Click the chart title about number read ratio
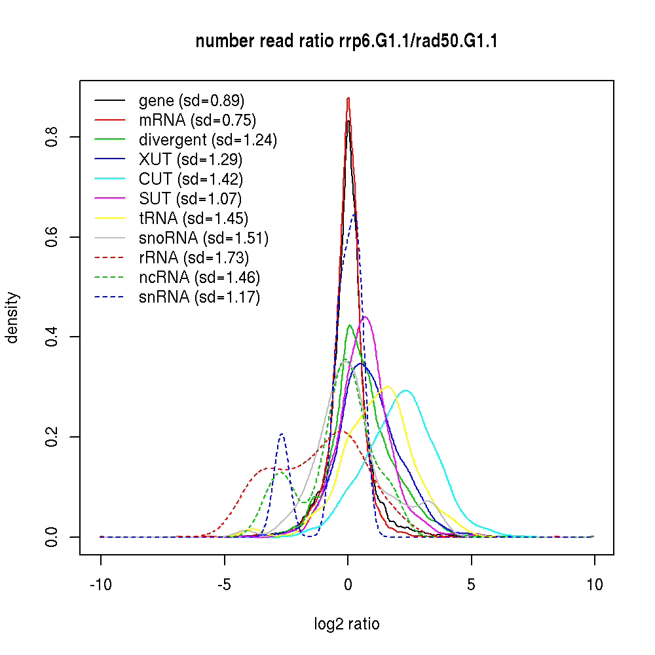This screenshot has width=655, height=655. coord(346,42)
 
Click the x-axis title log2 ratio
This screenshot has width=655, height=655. coord(346,624)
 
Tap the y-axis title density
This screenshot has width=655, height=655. coord(12,318)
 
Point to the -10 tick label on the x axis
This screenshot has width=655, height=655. coord(101,585)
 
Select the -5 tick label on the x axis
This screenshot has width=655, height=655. coord(224,585)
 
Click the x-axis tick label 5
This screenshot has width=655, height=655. coord(471,585)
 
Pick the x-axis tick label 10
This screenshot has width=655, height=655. coord(595,585)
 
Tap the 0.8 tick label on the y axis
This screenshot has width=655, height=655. coord(54,137)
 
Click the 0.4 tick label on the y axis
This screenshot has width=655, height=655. coord(54,337)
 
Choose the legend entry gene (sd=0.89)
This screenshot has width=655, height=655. coord(191,101)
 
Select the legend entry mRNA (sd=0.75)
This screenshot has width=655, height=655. coord(197,121)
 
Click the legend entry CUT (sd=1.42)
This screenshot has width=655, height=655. coord(191,179)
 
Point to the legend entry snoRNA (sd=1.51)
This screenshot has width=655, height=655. coord(204,238)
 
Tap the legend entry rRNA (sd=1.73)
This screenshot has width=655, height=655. coord(194,258)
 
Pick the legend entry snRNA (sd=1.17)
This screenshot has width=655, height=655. coord(199,297)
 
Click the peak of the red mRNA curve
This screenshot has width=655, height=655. coord(348,98)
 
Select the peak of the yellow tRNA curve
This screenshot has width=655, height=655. coord(388,386)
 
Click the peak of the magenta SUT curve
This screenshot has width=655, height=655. coord(365,316)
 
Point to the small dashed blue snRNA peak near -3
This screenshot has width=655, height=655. coord(282,434)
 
